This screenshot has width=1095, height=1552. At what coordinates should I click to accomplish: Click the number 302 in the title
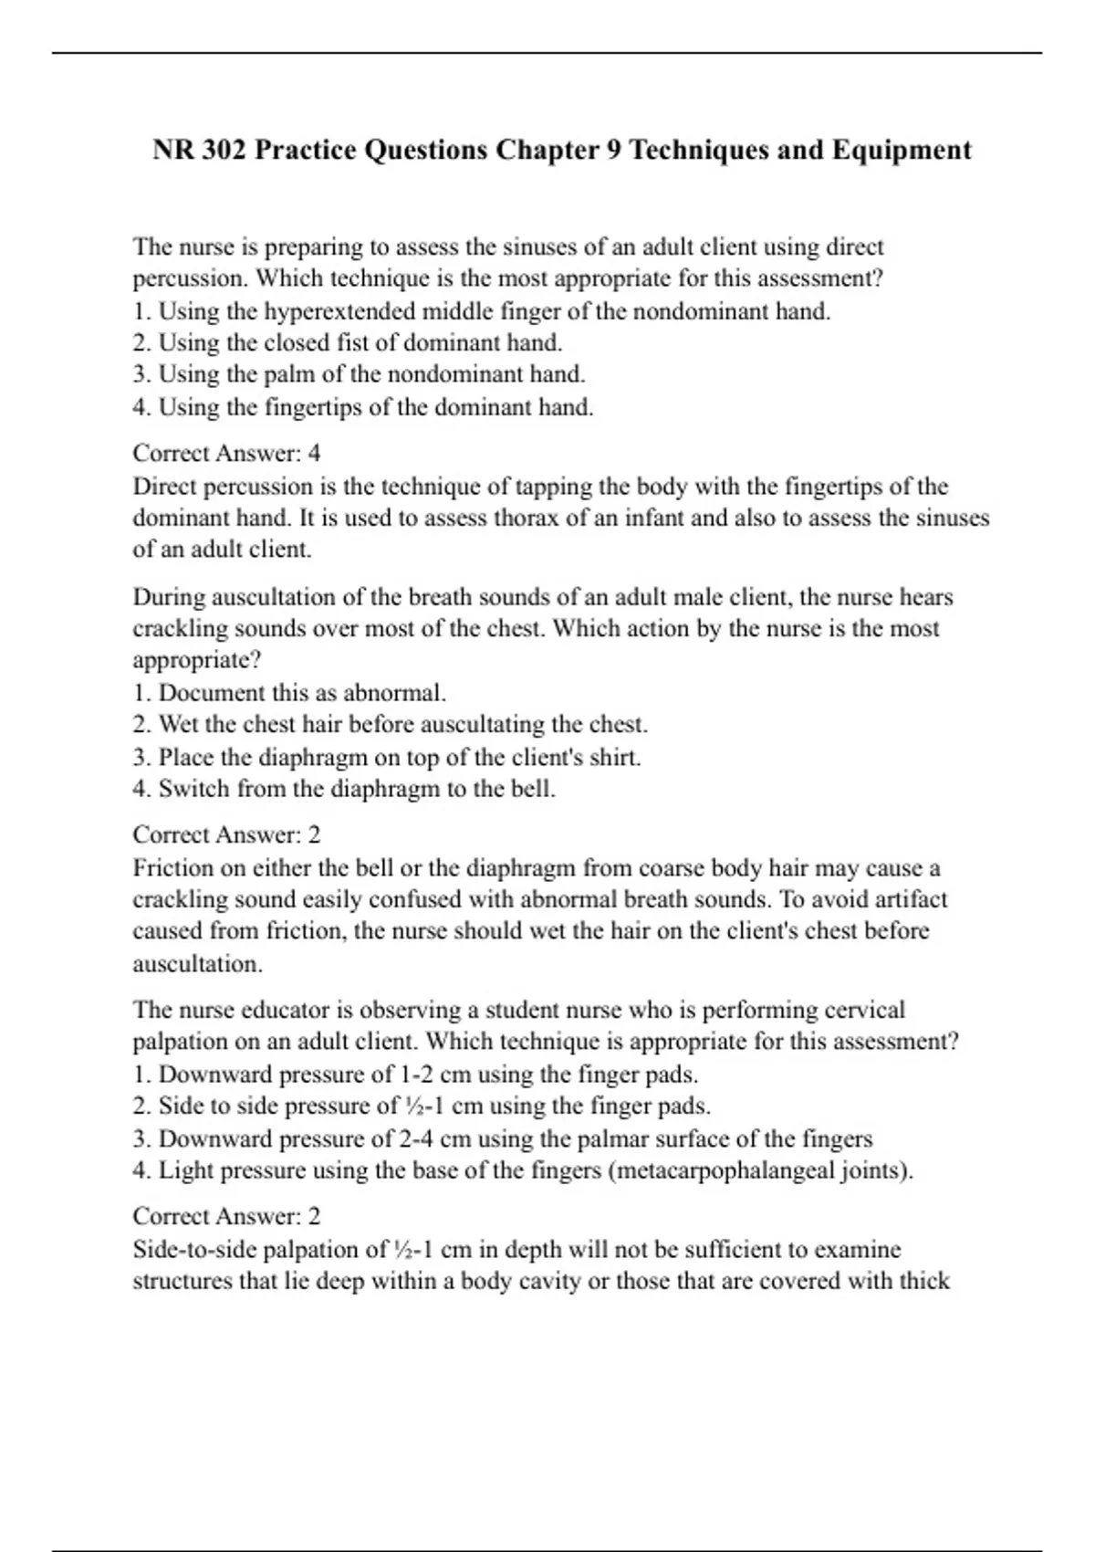(x=217, y=150)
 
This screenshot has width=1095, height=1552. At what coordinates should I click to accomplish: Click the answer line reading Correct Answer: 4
(x=226, y=454)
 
